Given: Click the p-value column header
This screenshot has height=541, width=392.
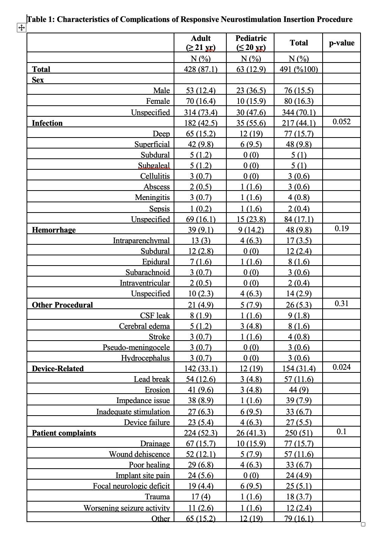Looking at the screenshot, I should pyautogui.click(x=342, y=43).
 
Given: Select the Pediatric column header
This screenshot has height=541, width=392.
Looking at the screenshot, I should pyautogui.click(x=251, y=43).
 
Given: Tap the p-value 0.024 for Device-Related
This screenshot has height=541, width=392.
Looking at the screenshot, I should pyautogui.click(x=342, y=367).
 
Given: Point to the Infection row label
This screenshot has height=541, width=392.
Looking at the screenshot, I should pyautogui.click(x=47, y=123).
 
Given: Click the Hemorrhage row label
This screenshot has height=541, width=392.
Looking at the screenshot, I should pyautogui.click(x=54, y=230).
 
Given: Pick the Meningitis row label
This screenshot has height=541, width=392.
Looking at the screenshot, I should pyautogui.click(x=152, y=197).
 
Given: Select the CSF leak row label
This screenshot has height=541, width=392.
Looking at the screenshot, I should pyautogui.click(x=155, y=316).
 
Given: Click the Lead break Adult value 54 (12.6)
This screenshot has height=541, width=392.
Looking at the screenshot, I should pyautogui.click(x=201, y=379).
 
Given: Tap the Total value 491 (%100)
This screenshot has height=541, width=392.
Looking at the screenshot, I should pyautogui.click(x=299, y=69).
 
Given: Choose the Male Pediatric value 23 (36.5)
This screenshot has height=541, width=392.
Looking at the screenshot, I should pyautogui.click(x=251, y=91).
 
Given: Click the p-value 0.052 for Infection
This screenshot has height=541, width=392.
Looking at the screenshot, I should pyautogui.click(x=342, y=122).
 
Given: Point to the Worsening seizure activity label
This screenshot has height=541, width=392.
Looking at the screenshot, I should pyautogui.click(x=127, y=508).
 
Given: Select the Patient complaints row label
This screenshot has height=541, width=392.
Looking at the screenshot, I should pyautogui.click(x=64, y=433).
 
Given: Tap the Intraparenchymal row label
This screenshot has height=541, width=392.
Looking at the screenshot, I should pyautogui.click(x=141, y=241).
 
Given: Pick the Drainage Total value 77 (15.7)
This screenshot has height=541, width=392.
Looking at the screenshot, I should pyautogui.click(x=299, y=444).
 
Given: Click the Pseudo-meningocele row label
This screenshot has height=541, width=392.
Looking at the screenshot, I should pyautogui.click(x=136, y=347).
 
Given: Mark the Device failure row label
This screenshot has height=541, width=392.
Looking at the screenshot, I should pyautogui.click(x=147, y=422).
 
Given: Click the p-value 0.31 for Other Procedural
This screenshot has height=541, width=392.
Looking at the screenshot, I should pyautogui.click(x=342, y=303).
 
